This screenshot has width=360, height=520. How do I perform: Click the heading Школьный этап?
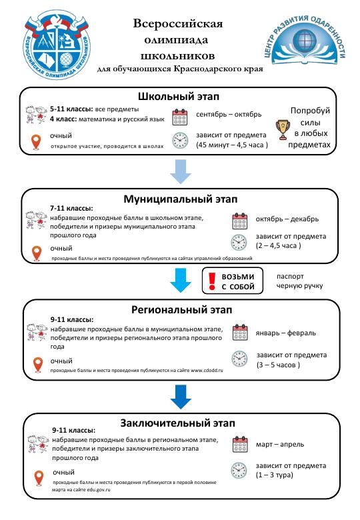tap(179, 97)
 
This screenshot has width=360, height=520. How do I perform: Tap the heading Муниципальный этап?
tap(180, 199)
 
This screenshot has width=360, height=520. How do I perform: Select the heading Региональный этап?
tap(181, 310)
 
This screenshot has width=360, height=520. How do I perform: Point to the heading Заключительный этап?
tap(178, 423)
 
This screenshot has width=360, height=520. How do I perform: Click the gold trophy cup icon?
tap(283, 130)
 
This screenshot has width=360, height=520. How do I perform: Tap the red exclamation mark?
tap(212, 281)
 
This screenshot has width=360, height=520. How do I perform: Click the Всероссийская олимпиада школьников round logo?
tap(57, 45)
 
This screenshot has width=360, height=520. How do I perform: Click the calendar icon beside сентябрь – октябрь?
tap(180, 117)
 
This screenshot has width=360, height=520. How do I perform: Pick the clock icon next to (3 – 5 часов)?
tap(239, 359)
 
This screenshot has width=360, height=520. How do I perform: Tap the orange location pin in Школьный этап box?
tap(36, 142)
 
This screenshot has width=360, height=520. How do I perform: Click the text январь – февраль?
tap(285, 333)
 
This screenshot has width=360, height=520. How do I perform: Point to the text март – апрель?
tap(280, 445)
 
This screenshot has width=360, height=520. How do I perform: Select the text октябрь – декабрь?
tap(287, 219)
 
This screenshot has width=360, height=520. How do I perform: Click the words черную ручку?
tap(300, 286)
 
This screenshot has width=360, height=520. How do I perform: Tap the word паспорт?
tap(290, 276)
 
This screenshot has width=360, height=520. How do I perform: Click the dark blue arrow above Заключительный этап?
tap(181, 397)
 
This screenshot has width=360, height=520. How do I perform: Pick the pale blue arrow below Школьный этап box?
tap(181, 171)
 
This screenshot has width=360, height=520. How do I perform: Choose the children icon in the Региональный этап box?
tap(37, 332)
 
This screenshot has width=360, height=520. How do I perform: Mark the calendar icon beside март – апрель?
tap(240, 445)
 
